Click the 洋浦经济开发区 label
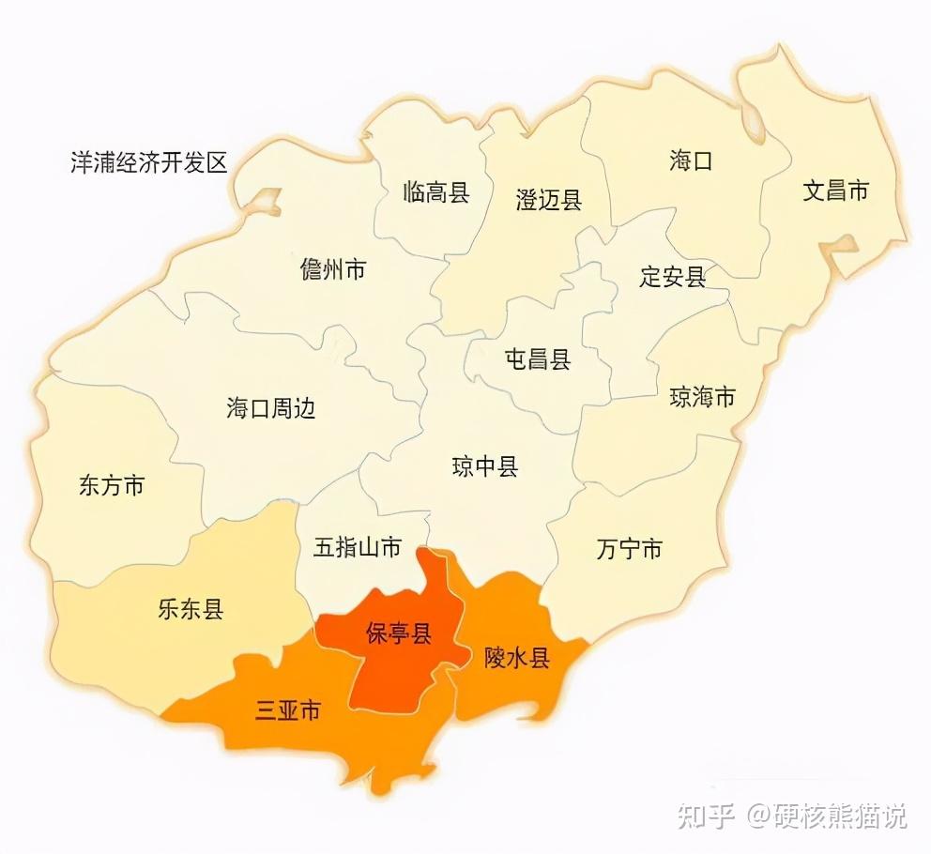(x=149, y=162)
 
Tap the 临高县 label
(x=435, y=193)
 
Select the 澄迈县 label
(x=548, y=199)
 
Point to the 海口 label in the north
(x=691, y=160)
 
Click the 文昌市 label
(x=835, y=191)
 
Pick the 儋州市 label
(x=333, y=270)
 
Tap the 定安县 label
(x=672, y=277)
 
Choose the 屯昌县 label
(x=538, y=358)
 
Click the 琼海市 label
(x=702, y=397)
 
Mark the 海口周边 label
(x=270, y=408)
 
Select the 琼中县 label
(x=485, y=466)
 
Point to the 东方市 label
(x=112, y=486)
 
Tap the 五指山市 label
(x=357, y=548)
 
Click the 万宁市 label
(x=629, y=549)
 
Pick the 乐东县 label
(x=191, y=610)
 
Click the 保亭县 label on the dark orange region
(x=398, y=633)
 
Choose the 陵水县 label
(x=516, y=658)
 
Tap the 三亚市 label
(x=287, y=710)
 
